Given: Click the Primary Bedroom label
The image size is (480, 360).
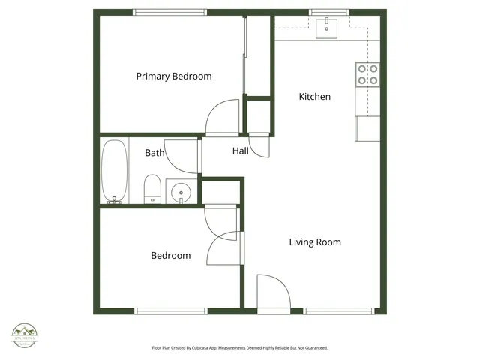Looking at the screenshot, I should coord(173,76).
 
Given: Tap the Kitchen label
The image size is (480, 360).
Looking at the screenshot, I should coord(314,97).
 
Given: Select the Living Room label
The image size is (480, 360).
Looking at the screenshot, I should coord(315,242).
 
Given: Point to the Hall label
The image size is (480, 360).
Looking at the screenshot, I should coord(240,151).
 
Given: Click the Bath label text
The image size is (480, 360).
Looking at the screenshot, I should coord(154,153).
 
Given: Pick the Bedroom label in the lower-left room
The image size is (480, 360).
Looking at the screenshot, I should coord(170,256).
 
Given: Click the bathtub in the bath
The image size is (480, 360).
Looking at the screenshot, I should coord(115,172).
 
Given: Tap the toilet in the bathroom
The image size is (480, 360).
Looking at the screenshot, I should coord(152,188).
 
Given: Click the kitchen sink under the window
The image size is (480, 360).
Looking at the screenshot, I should coord(327,28).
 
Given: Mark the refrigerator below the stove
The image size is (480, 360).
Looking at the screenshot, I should coord(367,128).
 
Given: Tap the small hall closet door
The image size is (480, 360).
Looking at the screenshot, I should coord(259,144).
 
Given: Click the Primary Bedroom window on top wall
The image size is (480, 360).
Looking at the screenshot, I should coord(169,12).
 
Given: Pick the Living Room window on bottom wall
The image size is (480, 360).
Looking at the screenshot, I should coord(338,310).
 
